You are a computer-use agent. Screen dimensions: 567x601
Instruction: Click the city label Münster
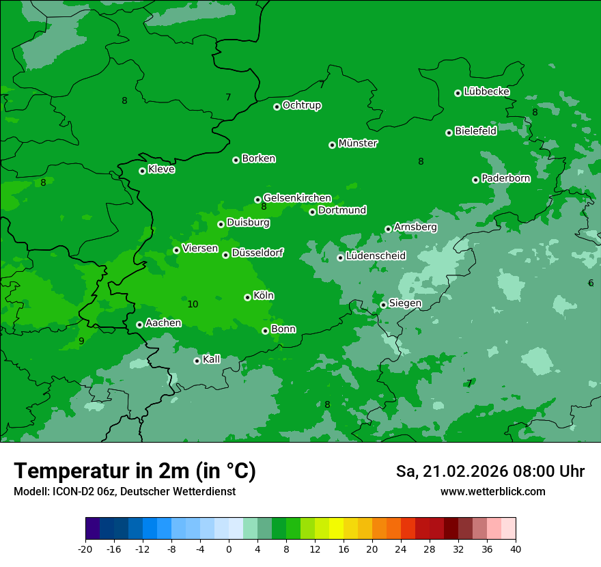[x=358, y=143]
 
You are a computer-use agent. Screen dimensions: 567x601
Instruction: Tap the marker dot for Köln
[x=247, y=297]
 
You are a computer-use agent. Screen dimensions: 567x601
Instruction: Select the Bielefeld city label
[x=475, y=131]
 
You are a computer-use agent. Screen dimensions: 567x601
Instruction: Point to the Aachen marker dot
[x=139, y=324]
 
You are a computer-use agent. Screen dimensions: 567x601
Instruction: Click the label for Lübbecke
[x=486, y=92]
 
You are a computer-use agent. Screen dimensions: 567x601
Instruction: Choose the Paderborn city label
[x=505, y=178]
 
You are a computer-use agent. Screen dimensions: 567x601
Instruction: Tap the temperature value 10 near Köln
[x=193, y=304]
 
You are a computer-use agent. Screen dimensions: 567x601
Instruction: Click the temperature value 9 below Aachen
[x=81, y=341]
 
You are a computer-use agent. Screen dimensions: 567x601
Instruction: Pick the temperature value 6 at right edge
[x=591, y=283]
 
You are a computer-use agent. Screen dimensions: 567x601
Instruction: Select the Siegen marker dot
[x=383, y=305]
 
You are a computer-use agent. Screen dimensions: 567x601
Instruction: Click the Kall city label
[x=212, y=359]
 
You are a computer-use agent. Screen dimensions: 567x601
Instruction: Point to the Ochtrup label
[x=302, y=105]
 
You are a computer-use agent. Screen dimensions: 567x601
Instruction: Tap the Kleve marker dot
[x=142, y=171]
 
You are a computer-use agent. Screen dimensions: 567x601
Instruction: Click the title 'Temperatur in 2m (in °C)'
[x=135, y=471]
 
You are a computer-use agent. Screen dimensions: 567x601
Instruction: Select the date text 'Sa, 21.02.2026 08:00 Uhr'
[x=490, y=471]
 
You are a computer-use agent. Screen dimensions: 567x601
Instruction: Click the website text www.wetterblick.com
[x=492, y=492]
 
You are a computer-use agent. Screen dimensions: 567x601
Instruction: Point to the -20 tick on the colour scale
[x=85, y=549]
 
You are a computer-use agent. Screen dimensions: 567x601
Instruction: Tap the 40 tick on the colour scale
[x=516, y=549]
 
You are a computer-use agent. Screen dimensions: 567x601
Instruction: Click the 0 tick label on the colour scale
[x=229, y=549]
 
